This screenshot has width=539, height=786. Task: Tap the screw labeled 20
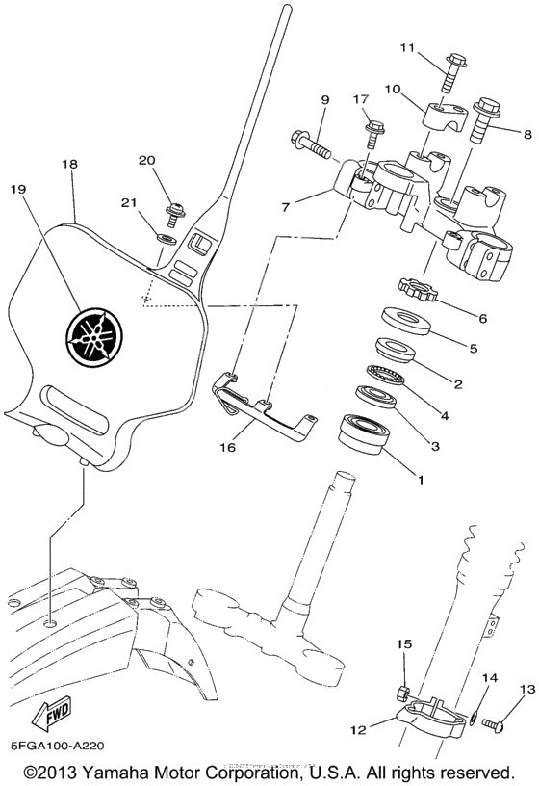pos(177,208)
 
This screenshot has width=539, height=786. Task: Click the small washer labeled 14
pos(475,714)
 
